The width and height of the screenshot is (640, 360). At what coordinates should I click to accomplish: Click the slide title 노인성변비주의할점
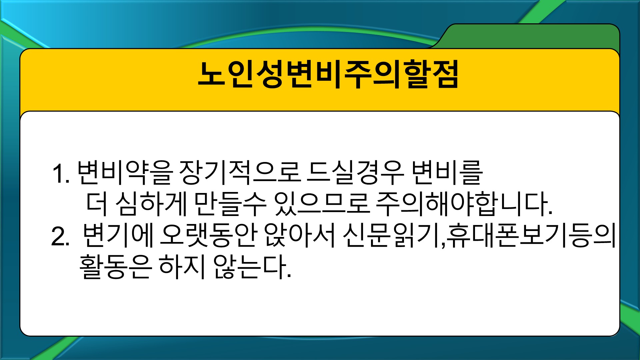point(328,74)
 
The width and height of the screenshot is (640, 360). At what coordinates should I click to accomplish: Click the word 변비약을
point(125,173)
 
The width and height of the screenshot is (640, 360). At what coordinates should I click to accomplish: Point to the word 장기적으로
point(240,173)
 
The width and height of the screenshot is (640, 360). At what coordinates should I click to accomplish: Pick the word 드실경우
point(356,173)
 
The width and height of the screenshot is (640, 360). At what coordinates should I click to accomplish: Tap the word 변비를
point(447,173)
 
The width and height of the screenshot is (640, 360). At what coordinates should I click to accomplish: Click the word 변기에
point(118,235)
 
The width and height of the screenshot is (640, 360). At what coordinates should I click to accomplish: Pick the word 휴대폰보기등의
point(531,235)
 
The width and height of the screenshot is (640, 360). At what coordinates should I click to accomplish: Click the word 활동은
point(116,267)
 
